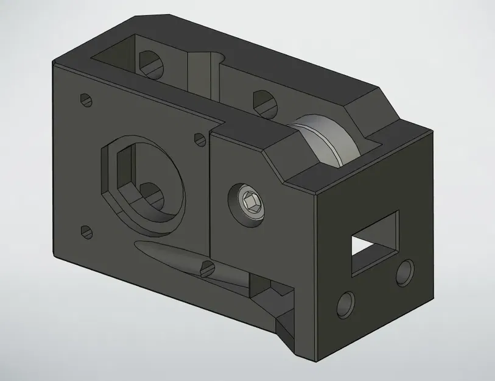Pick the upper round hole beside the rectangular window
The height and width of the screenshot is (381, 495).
(404, 273)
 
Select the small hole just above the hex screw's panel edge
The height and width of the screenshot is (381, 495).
(199, 138)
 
